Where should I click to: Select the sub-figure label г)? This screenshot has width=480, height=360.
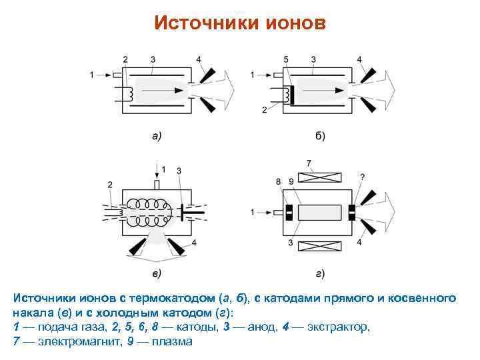pos(320,273)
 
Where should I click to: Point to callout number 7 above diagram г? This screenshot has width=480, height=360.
pos(309,163)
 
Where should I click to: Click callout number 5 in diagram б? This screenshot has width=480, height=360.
pos(285,59)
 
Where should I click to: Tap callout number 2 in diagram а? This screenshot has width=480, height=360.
pos(125,59)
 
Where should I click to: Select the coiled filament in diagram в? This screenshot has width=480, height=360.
pos(147,211)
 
